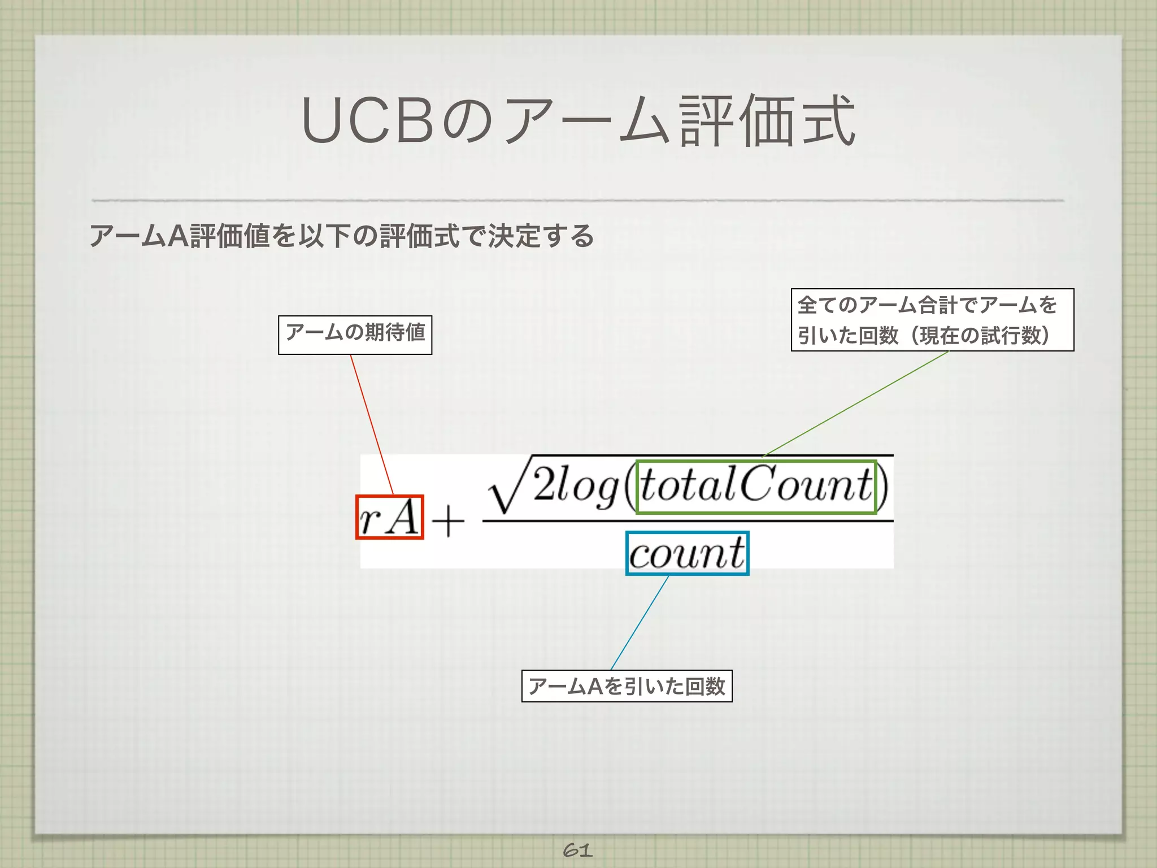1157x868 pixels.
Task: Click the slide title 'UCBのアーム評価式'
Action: tap(578, 120)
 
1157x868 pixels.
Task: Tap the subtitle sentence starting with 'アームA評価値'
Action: tap(341, 236)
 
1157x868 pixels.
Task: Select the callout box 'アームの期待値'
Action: tap(355, 335)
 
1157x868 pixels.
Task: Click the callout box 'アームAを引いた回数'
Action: tap(627, 685)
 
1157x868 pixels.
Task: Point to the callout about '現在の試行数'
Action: tap(932, 320)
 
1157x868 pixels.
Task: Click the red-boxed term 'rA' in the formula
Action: tap(390, 517)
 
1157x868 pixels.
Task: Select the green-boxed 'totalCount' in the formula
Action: tap(756, 487)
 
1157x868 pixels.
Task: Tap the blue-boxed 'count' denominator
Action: tap(687, 553)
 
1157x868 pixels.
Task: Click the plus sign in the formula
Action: tap(447, 520)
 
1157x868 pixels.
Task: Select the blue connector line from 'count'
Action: tap(640, 622)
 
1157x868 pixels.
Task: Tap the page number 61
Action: tap(577, 850)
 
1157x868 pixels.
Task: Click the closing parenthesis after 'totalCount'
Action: tap(883, 487)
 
